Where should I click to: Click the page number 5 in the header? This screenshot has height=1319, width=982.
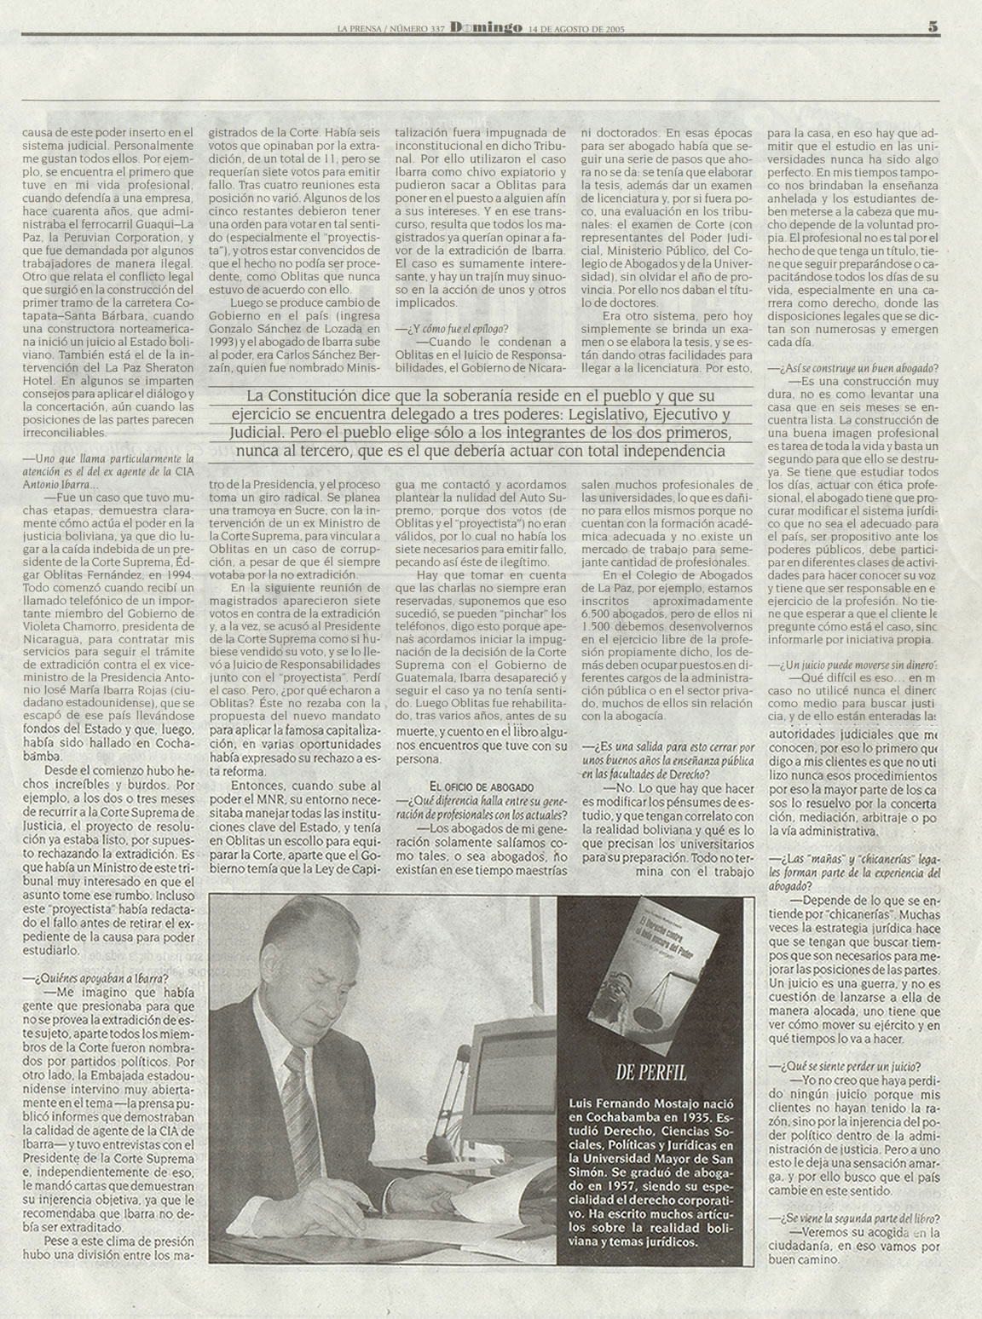tap(933, 26)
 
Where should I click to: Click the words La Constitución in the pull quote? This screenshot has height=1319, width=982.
tap(292, 396)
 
